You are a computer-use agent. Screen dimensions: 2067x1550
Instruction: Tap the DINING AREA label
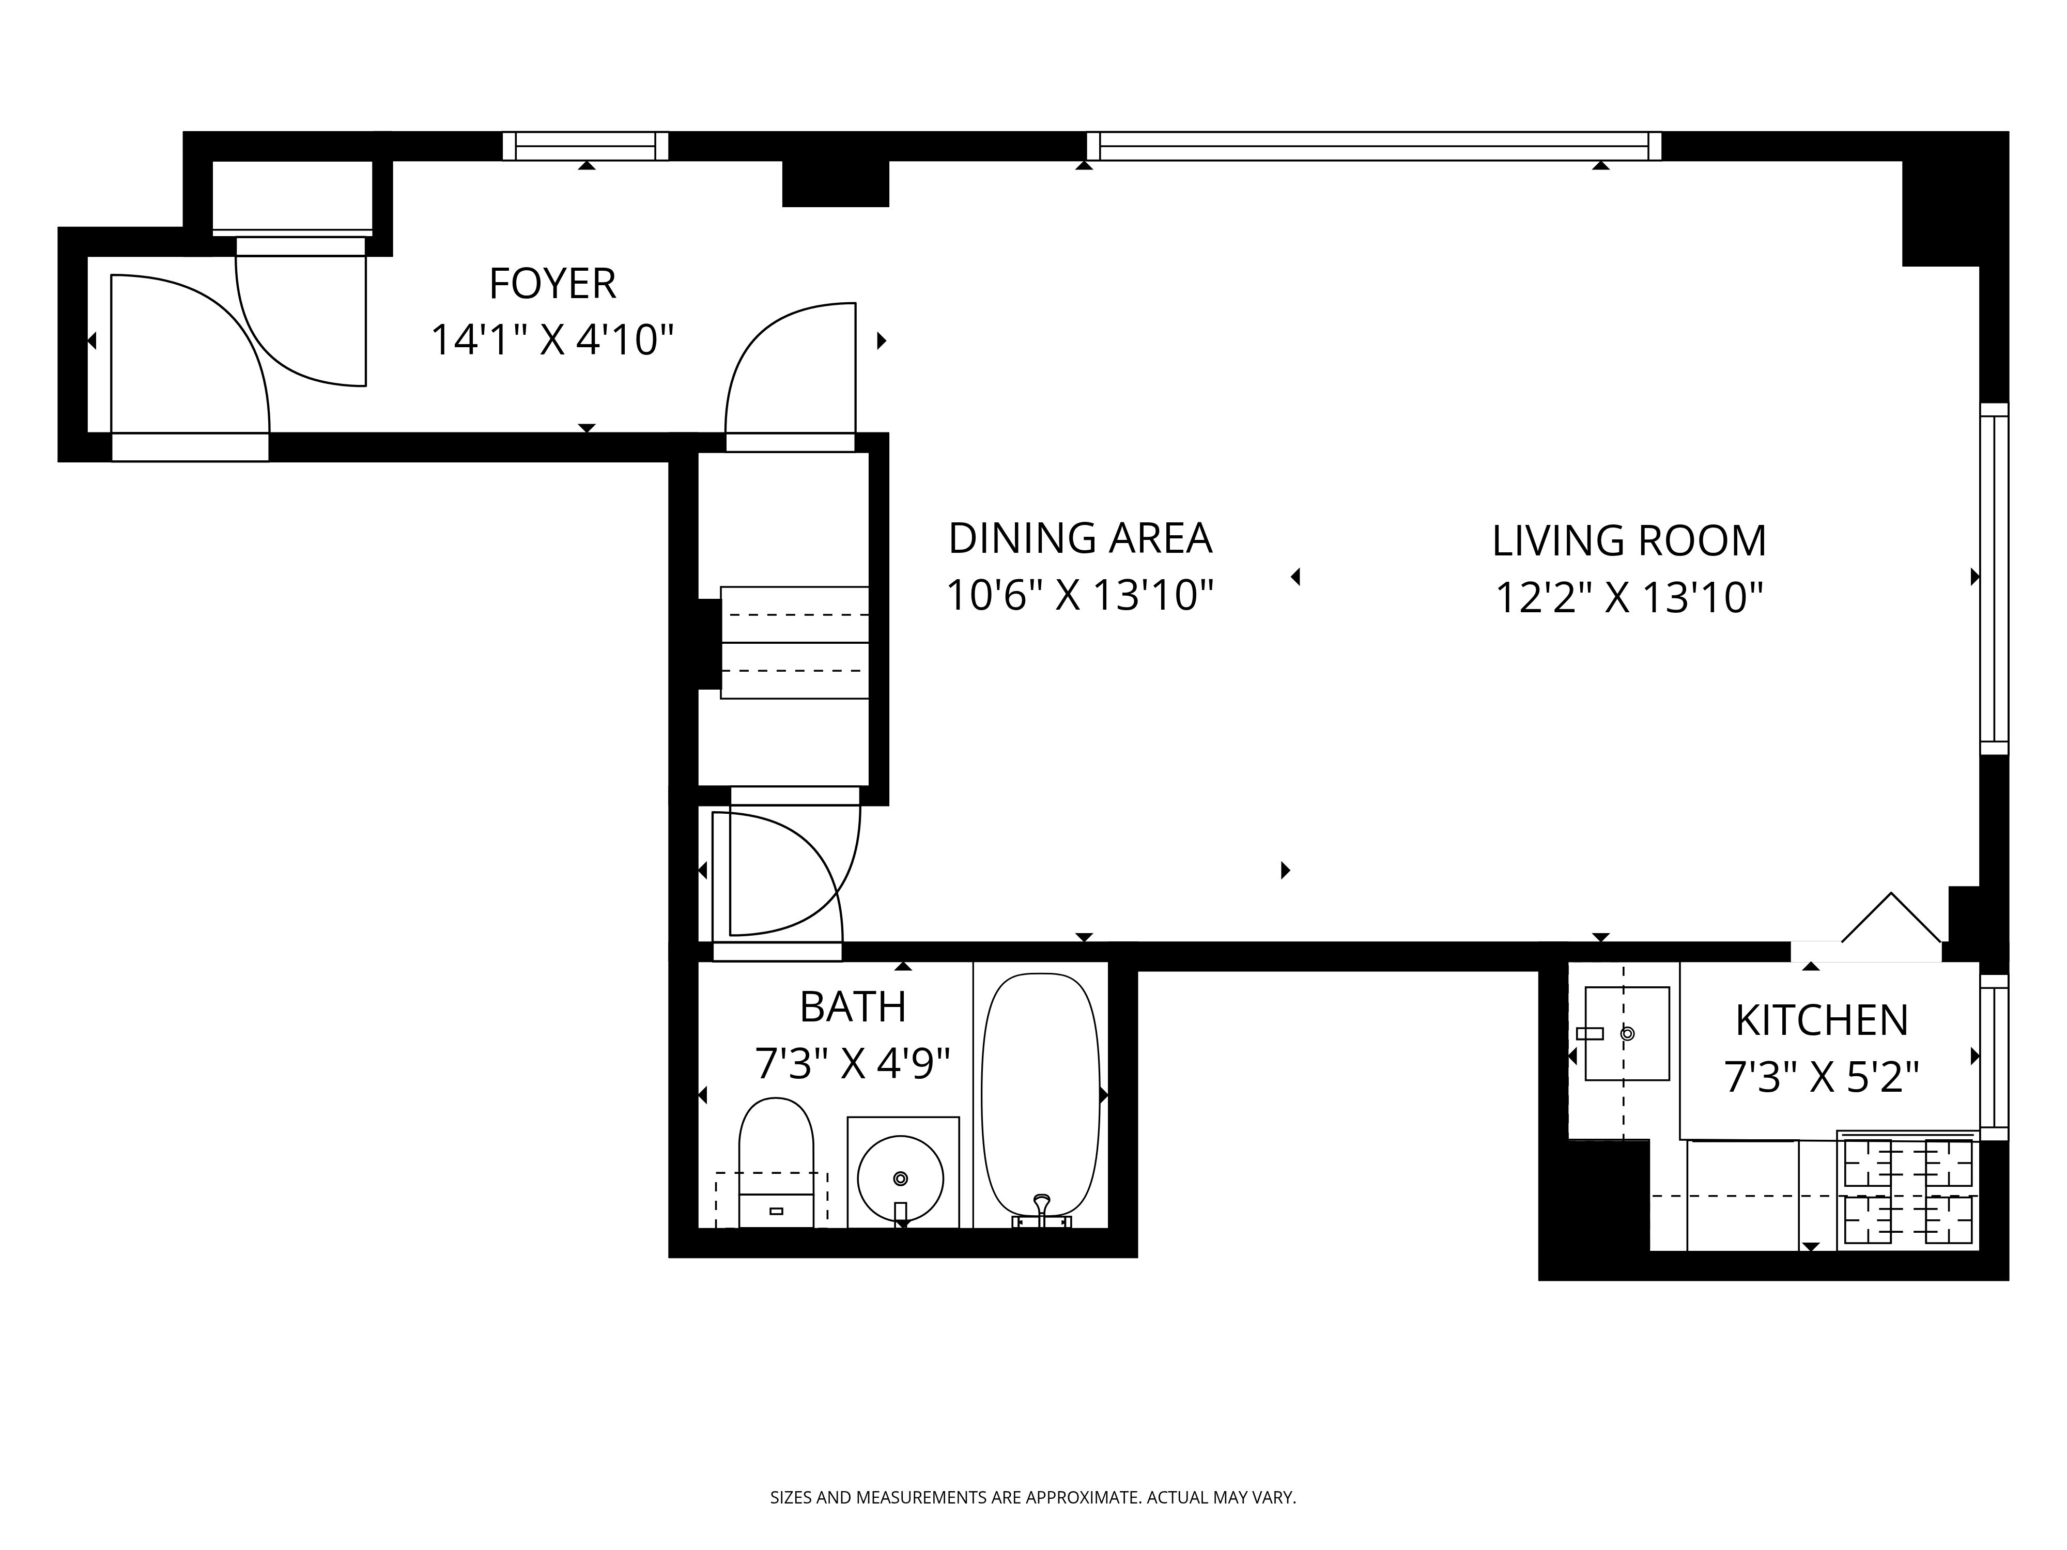[1080, 538]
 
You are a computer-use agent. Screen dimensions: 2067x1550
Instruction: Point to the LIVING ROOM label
[1629, 541]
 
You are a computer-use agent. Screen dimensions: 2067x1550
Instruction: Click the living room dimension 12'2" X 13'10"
[1629, 598]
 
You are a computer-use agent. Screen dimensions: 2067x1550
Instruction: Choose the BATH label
[853, 1007]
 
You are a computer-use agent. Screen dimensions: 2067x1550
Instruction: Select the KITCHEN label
[1821, 1020]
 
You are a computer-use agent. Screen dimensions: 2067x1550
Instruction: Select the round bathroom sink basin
[900, 1178]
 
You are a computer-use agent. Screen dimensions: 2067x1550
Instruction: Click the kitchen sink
[1627, 1033]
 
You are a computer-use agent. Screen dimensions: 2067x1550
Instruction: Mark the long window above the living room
[1374, 147]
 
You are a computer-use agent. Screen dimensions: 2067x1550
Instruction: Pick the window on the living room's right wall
[1994, 578]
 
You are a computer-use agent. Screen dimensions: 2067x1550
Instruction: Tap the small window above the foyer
[586, 147]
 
